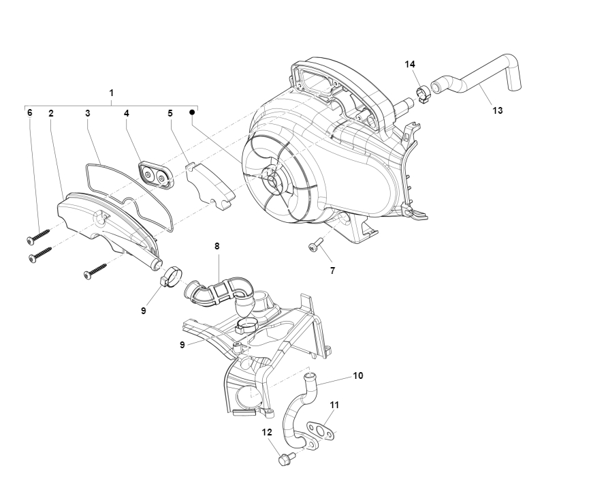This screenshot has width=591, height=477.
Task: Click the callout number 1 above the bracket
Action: (x=111, y=93)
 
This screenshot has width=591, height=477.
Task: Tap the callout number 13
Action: (x=498, y=110)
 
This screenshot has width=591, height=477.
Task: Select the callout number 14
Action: (x=410, y=65)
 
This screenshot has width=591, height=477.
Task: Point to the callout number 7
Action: (x=332, y=271)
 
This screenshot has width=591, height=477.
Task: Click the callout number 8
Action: (x=217, y=246)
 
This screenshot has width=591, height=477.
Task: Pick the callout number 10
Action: (x=358, y=375)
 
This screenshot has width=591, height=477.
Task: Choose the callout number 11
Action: (x=334, y=405)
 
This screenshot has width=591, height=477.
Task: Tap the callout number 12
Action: (x=267, y=433)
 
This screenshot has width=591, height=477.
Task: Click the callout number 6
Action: (x=30, y=112)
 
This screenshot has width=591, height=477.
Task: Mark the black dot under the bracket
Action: (x=192, y=112)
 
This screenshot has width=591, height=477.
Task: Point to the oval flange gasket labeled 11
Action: (x=320, y=430)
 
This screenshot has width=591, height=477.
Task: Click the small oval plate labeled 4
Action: (x=155, y=175)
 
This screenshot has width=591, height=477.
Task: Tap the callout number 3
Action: (x=87, y=113)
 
